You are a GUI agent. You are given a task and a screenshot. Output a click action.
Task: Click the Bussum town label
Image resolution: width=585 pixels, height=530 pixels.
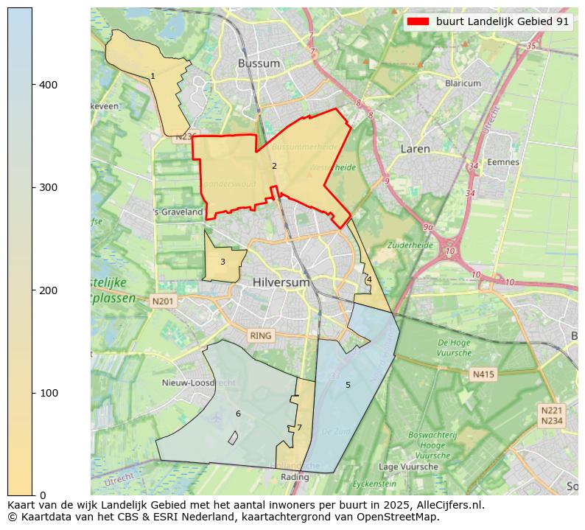[x=259, y=63]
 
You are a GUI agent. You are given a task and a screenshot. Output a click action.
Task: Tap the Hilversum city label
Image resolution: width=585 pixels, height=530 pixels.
[x=279, y=282]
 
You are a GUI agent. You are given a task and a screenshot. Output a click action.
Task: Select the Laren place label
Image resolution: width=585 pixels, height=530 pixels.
[x=415, y=149]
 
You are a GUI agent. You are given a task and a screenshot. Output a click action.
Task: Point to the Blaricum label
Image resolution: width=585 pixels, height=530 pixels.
[x=463, y=83]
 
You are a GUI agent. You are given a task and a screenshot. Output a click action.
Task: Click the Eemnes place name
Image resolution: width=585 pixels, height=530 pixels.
[x=503, y=162]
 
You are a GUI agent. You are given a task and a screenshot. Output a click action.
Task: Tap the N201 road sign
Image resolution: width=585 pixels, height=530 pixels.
[x=163, y=301]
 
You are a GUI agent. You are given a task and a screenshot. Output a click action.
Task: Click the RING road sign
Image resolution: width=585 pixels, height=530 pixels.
[x=260, y=335]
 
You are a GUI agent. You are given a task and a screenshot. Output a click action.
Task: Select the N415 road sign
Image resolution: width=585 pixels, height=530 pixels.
[x=483, y=374]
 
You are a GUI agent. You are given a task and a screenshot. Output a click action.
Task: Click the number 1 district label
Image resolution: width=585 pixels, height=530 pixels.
[x=153, y=77]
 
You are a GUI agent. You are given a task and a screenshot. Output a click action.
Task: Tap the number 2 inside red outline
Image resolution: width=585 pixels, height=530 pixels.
[x=274, y=166]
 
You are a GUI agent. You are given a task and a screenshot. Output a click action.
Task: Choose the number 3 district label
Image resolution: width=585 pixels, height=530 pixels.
[x=223, y=262]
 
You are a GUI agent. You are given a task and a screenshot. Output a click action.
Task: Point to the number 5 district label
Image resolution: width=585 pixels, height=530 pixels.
[x=348, y=385]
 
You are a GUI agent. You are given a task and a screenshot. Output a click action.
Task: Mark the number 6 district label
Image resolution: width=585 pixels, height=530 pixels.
[x=238, y=414]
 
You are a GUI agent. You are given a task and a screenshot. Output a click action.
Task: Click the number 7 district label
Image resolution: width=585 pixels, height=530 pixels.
[x=299, y=428]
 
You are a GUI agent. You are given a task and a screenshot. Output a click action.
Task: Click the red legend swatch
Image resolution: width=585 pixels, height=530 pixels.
[x=420, y=22]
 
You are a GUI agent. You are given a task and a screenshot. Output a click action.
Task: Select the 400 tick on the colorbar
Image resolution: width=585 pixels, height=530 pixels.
[x=49, y=85]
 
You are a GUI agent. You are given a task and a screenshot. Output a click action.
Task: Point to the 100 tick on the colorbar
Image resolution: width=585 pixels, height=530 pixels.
[x=49, y=393]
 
